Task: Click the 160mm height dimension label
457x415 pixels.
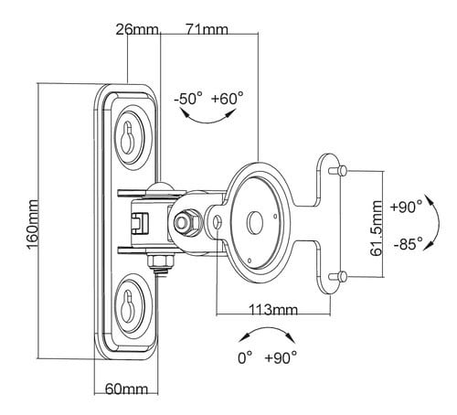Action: click(34, 224)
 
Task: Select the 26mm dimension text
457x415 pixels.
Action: click(137, 30)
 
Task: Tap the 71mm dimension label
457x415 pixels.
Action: click(207, 29)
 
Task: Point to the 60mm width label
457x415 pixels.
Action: click(126, 389)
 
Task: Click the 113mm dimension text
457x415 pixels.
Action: click(273, 310)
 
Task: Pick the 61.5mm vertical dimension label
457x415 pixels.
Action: click(377, 229)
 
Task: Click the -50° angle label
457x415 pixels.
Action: click(188, 99)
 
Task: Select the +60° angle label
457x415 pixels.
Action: click(228, 98)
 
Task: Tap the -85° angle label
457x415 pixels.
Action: click(409, 244)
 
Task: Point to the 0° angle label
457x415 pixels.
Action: click(245, 357)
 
